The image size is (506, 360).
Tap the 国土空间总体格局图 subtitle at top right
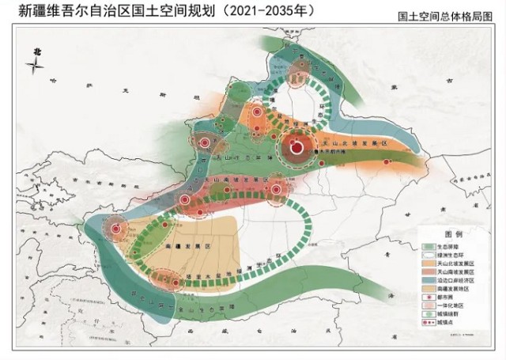(451, 16)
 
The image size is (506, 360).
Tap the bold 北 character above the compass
(36, 51)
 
